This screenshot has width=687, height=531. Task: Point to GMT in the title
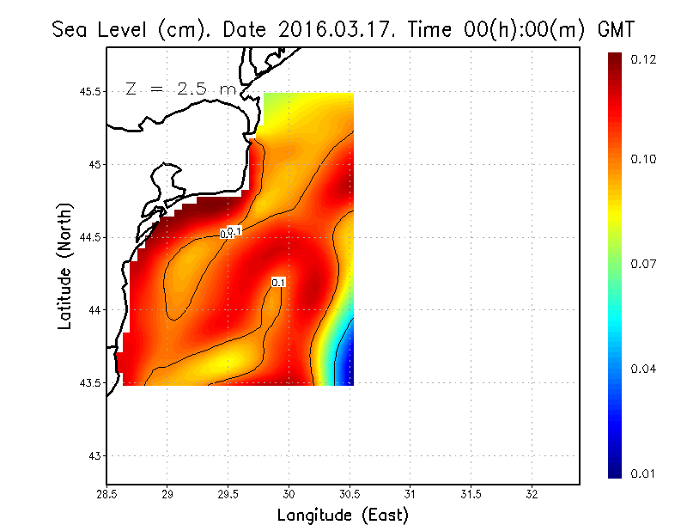pyautogui.click(x=616, y=29)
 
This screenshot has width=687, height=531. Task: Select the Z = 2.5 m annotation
pyautogui.click(x=180, y=88)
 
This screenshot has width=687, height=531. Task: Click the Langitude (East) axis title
pyautogui.click(x=343, y=516)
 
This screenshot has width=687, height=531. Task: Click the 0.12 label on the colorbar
pyautogui.click(x=643, y=59)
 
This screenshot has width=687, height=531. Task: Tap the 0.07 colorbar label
pyautogui.click(x=643, y=264)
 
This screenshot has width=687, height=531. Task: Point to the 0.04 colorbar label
pyautogui.click(x=643, y=369)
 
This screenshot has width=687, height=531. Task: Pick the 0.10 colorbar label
pyautogui.click(x=643, y=159)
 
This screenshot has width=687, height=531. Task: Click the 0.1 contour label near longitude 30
pyautogui.click(x=278, y=282)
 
